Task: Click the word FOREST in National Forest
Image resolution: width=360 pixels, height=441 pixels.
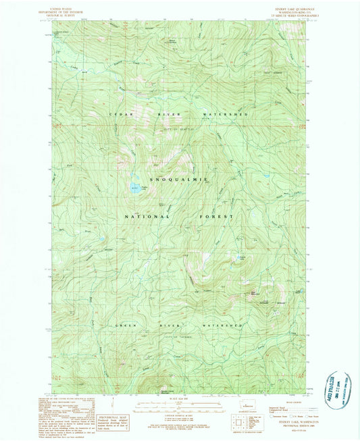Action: [x=217, y=217]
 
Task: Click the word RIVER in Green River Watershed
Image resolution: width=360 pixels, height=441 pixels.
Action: [x=171, y=325]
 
